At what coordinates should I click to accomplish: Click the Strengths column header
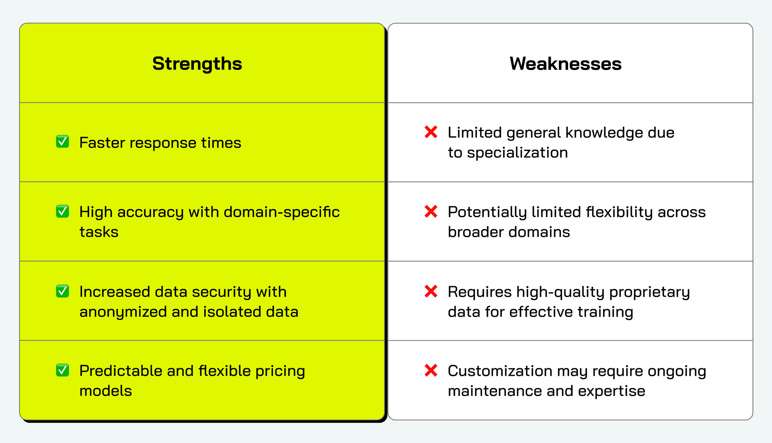[197, 64]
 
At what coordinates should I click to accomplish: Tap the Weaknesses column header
[565, 64]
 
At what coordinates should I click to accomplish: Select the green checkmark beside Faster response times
[62, 142]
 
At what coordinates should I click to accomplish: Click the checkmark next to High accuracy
[62, 211]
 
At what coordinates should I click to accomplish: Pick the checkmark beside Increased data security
[62, 291]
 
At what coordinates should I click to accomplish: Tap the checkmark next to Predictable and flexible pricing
[62, 370]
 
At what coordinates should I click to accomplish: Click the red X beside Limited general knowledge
[431, 132]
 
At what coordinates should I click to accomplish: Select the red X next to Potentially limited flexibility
[431, 211]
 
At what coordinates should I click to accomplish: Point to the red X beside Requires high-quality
[431, 291]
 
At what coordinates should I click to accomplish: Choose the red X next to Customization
[431, 370]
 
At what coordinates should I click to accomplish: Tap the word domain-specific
[281, 212]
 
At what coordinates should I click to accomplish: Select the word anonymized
[123, 312]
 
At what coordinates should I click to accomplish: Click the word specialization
[517, 153]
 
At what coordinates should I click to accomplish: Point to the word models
[106, 391]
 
